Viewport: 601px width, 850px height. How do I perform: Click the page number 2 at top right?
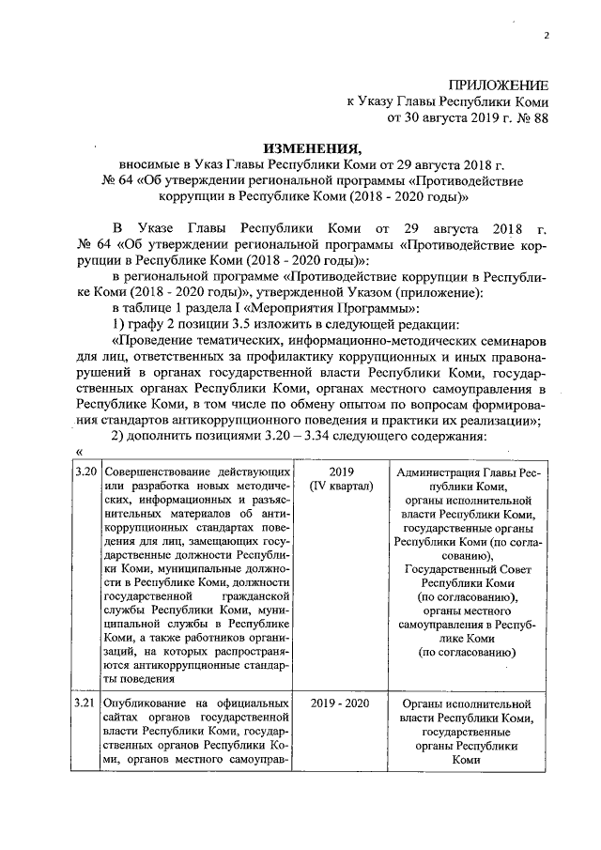tap(546, 36)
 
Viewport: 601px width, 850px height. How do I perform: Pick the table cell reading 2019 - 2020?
tap(340, 703)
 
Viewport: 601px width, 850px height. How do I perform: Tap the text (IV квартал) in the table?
tap(340, 486)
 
